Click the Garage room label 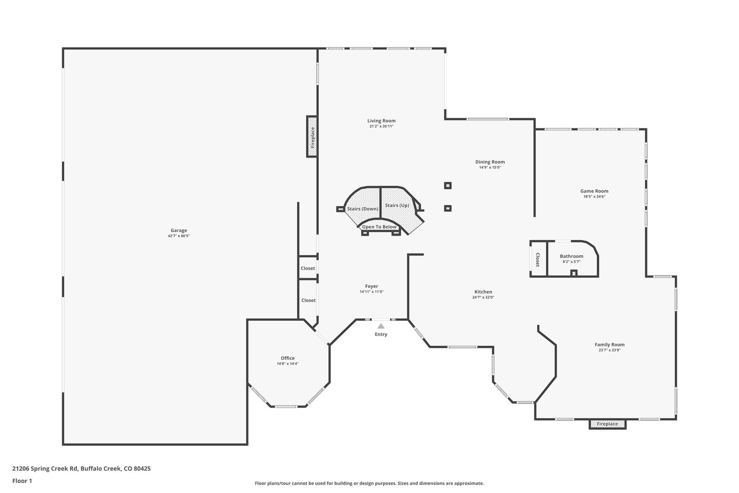(x=179, y=231)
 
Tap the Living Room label (x=382, y=121)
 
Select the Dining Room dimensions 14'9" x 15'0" (x=490, y=167)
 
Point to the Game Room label (x=594, y=191)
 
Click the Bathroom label (x=571, y=256)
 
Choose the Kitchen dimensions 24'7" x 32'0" (x=483, y=297)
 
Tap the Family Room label (x=609, y=345)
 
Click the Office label (x=288, y=358)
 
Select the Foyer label (x=371, y=286)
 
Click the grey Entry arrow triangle (x=381, y=326)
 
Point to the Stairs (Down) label (x=363, y=209)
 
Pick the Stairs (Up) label (x=397, y=205)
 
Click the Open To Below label (x=379, y=227)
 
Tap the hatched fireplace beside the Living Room (x=312, y=136)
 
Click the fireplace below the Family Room (x=607, y=424)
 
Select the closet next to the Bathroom (x=538, y=259)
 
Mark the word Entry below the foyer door (x=381, y=334)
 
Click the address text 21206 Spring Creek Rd (x=45, y=469)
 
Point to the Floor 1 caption (x=22, y=481)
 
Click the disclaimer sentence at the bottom (x=369, y=483)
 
